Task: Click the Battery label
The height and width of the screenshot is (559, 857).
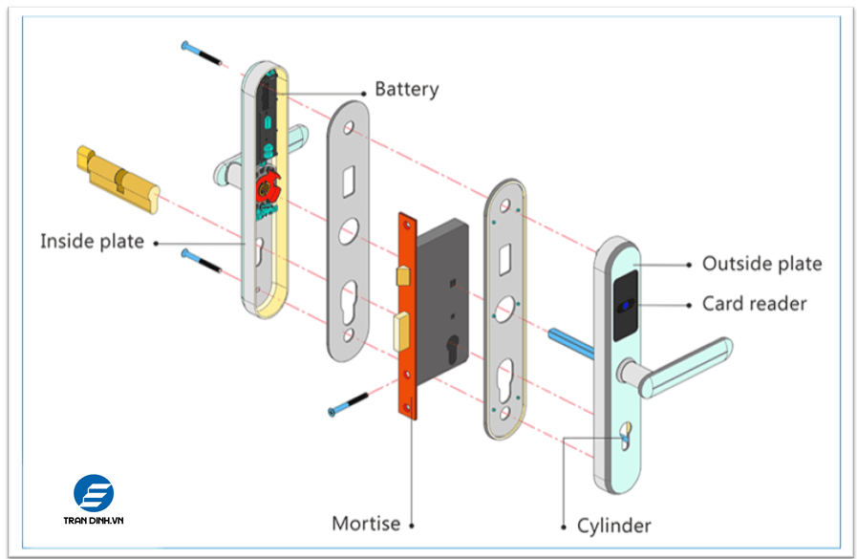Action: pos(406,90)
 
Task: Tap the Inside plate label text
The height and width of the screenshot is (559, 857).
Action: pos(92,241)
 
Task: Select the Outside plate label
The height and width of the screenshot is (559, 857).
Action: pos(761,264)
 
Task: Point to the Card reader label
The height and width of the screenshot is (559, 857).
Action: pos(754,304)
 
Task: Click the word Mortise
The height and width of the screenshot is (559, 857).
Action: pos(366,524)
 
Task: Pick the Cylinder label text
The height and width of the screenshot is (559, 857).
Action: pos(613,526)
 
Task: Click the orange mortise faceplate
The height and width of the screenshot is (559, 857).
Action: pos(409,315)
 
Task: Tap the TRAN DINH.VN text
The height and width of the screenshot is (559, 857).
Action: pos(94,521)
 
